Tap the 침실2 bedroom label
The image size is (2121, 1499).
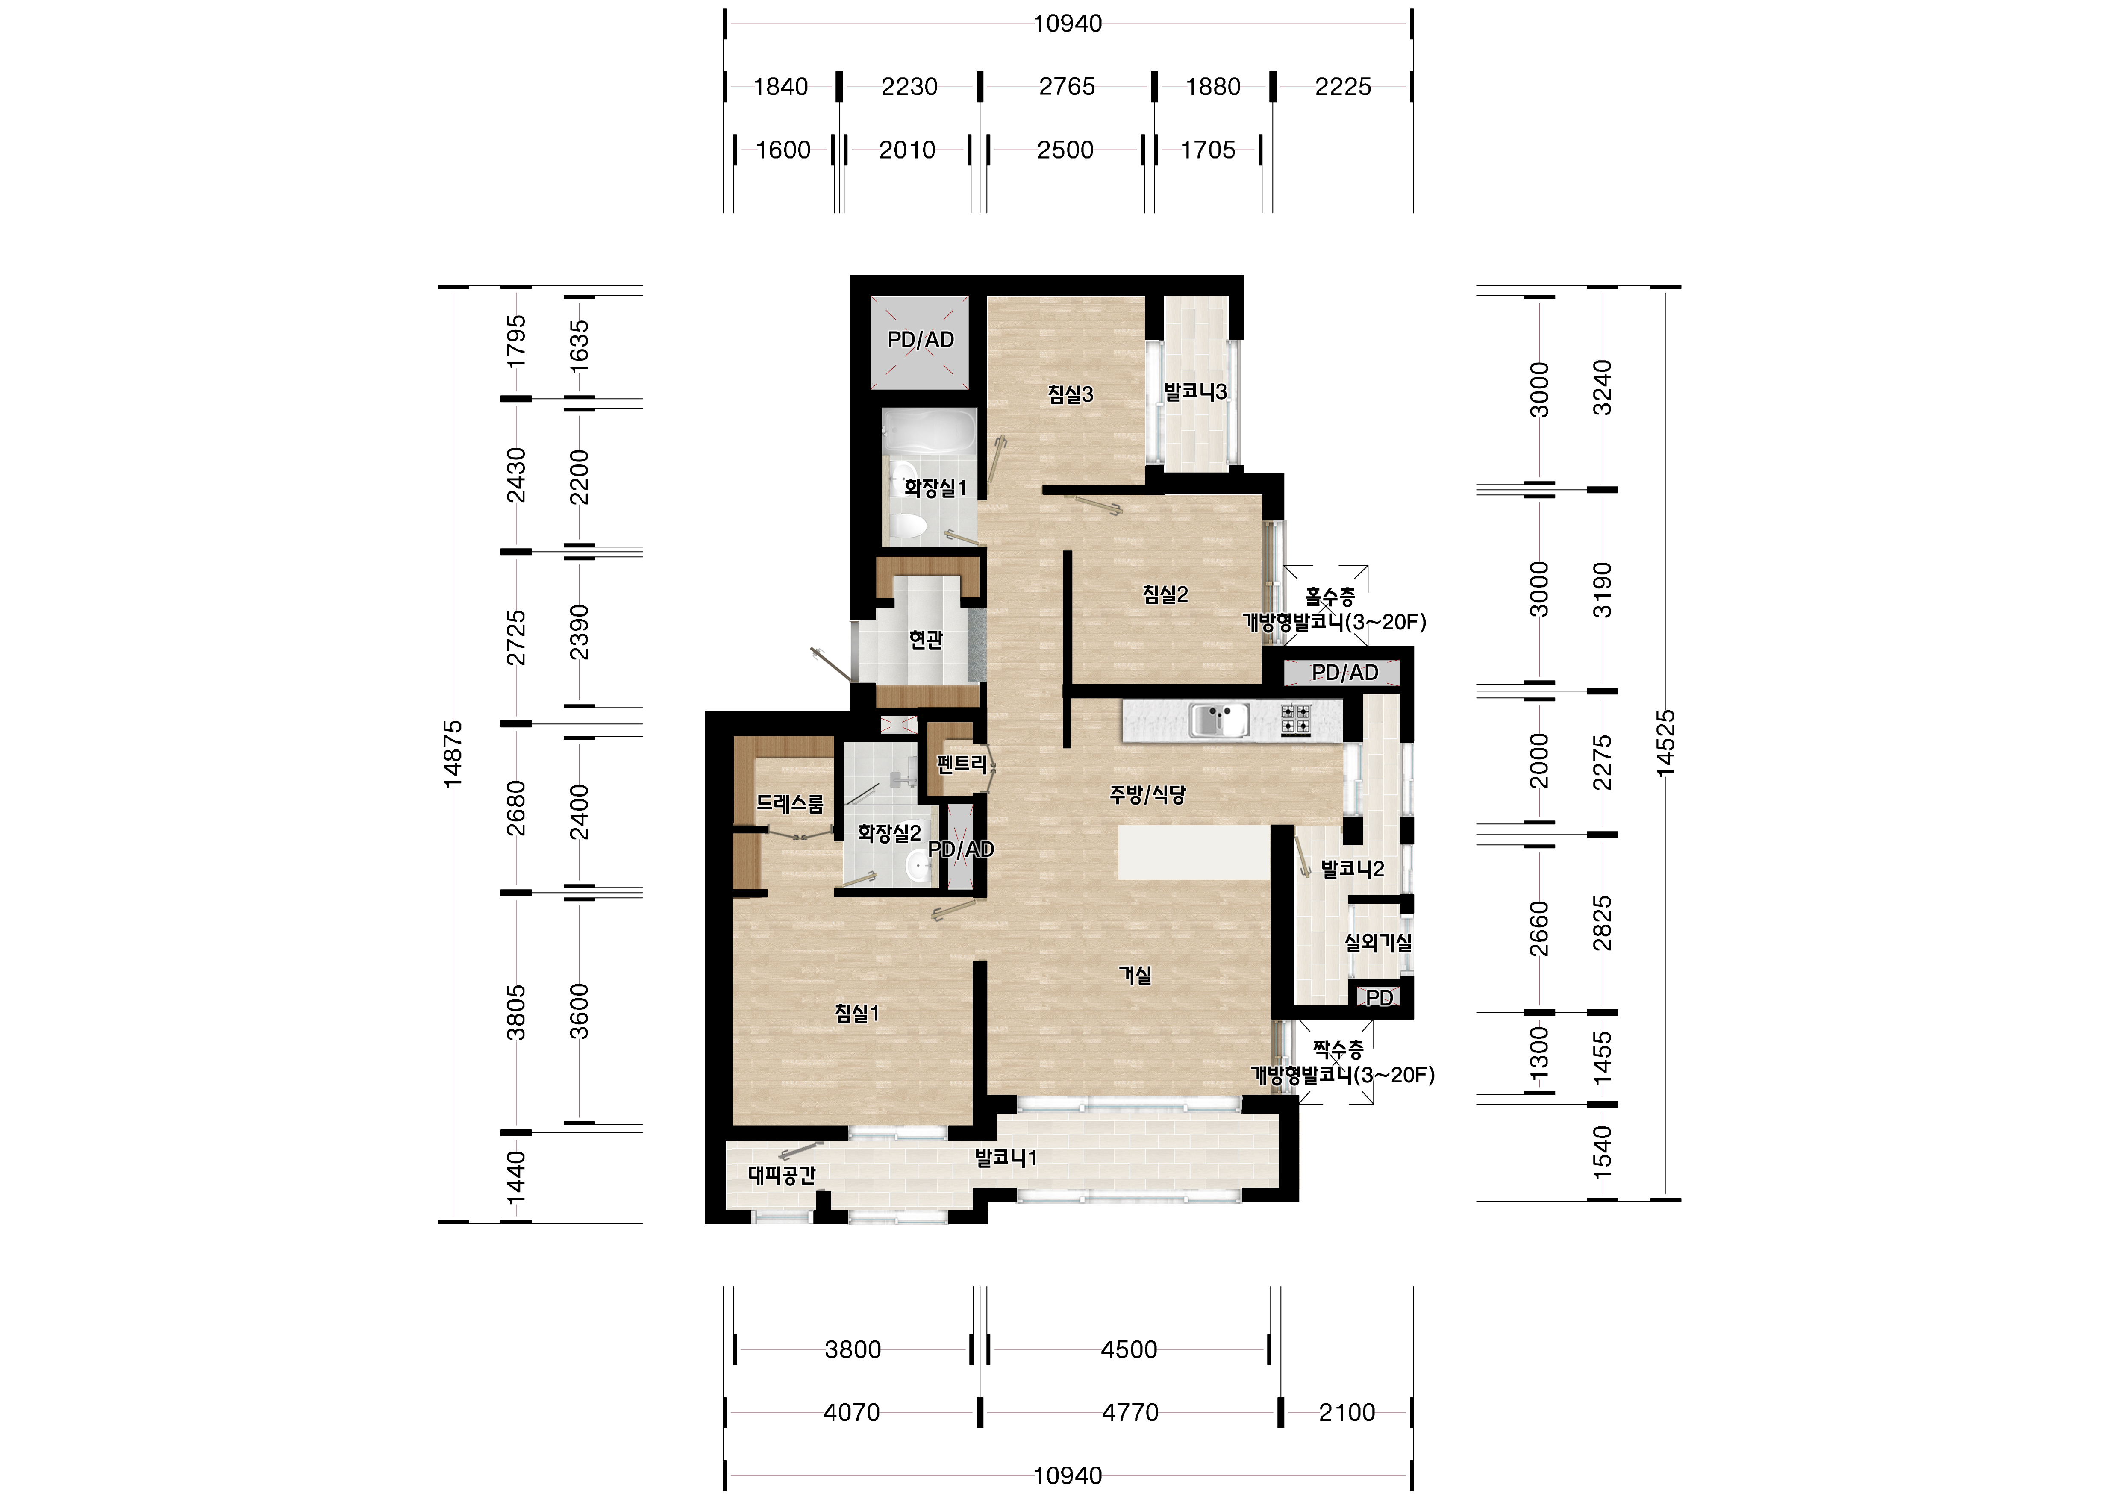[1165, 595]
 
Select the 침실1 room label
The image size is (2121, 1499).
[856, 1013]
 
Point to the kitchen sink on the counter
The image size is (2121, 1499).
[1219, 720]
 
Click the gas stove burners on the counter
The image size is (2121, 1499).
[1296, 720]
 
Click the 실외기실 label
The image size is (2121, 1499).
[1377, 943]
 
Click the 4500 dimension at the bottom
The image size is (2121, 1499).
[1129, 1349]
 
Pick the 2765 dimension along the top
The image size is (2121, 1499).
[1067, 87]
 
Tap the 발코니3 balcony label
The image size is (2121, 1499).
[1195, 391]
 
